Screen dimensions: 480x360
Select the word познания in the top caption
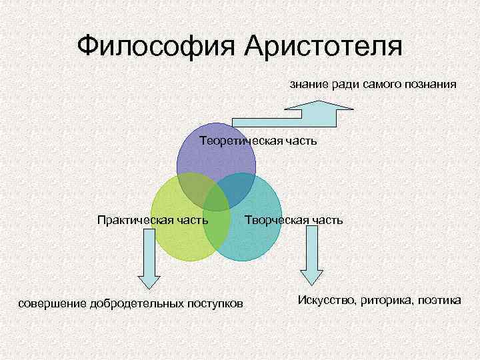click(x=430, y=85)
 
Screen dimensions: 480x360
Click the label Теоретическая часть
click(x=259, y=141)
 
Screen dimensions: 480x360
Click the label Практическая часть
click(x=153, y=219)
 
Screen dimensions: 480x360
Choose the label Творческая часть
click(x=294, y=219)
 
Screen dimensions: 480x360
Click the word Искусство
click(x=327, y=301)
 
